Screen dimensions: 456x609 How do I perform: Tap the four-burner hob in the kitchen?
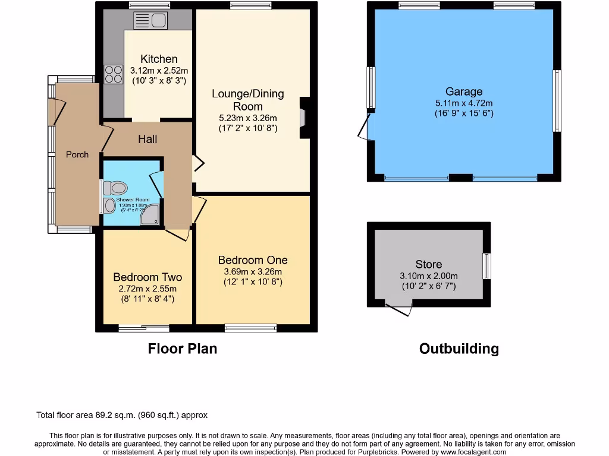(x=111, y=74)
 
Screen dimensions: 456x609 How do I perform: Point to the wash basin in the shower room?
(x=110, y=206)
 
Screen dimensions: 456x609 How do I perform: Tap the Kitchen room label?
(x=159, y=59)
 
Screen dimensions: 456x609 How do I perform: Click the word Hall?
(x=147, y=139)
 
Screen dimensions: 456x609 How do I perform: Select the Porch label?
(x=77, y=154)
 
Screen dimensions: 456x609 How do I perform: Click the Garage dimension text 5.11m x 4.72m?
(x=464, y=103)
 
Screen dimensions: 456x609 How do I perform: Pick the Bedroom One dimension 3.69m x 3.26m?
(x=253, y=271)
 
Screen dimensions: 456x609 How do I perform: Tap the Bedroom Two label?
(x=147, y=277)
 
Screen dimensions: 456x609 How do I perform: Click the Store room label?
(x=428, y=264)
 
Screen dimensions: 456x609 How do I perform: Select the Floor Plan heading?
(x=182, y=349)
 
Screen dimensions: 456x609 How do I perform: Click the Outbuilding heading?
(x=459, y=349)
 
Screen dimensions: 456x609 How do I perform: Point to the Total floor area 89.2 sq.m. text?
(x=122, y=416)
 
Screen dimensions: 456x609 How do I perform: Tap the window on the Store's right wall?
(x=486, y=266)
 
